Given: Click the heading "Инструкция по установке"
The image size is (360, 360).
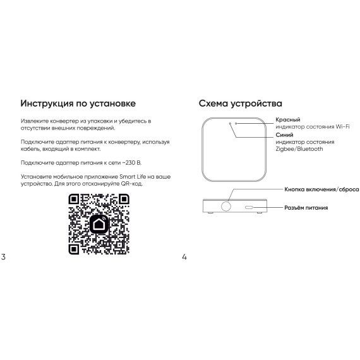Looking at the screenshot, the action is tap(78, 103).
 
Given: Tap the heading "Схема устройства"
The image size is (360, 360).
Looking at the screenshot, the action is tap(240, 103).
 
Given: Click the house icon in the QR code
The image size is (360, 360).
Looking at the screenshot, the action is tap(99, 225).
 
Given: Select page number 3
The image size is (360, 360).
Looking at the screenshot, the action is tap(4, 257).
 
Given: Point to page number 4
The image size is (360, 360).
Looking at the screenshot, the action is tap(184, 257).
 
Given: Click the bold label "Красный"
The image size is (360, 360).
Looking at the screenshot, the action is tap(288, 119).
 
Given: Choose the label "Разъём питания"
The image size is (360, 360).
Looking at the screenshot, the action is tap(306, 207).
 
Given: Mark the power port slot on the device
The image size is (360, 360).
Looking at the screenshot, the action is tap(249, 207).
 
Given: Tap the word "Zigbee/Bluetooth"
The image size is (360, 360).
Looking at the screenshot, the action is tap(299, 149).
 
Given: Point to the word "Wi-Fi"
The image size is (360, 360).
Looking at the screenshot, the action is tap(343, 126).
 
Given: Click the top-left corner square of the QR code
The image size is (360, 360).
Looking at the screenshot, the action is tap(74, 200).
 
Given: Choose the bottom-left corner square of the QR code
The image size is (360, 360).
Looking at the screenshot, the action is tap(74, 249).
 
